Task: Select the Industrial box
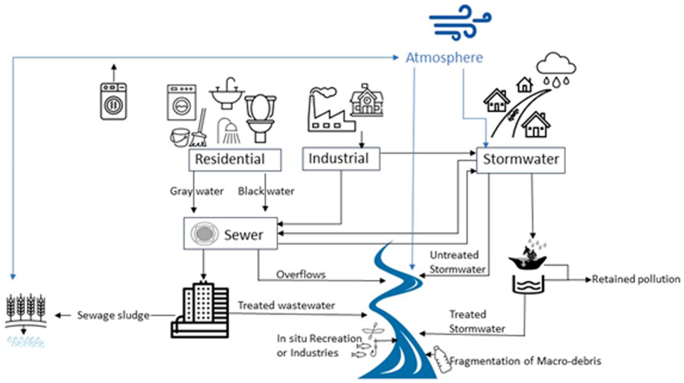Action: (341, 159)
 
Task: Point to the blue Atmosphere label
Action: (444, 58)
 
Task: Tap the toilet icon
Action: (260, 118)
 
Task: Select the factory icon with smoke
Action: (329, 110)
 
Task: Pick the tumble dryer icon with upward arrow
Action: (113, 101)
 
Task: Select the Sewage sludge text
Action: (113, 315)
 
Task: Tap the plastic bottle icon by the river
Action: (442, 359)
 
